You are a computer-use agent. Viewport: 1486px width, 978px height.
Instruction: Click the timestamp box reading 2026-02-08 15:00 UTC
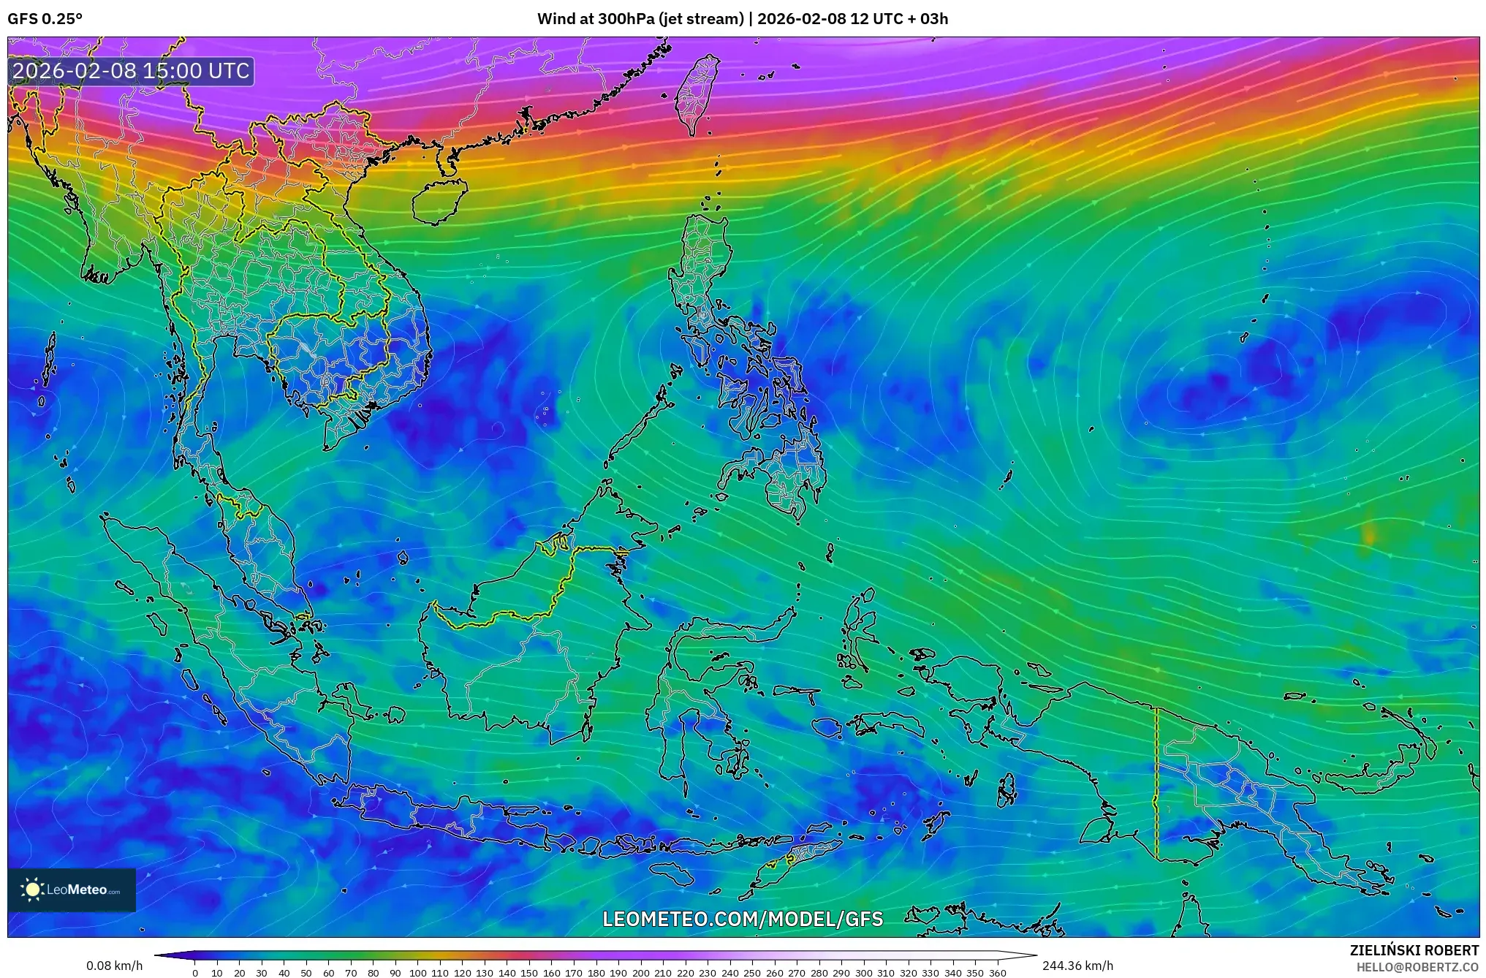[132, 71]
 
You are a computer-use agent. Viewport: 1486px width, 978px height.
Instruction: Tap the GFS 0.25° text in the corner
[45, 19]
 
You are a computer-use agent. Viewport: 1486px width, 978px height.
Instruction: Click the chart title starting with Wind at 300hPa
[743, 19]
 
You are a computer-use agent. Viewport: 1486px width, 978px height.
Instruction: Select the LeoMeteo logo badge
[72, 890]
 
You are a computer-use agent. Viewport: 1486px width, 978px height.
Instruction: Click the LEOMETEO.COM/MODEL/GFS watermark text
[743, 919]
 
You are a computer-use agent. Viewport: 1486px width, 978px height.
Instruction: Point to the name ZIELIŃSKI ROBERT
[1414, 950]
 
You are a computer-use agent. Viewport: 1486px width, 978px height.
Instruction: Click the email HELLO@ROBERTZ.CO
[1417, 967]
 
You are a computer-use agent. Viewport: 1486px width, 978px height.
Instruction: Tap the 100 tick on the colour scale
[417, 973]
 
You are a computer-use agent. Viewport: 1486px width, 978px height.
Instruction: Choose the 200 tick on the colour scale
[640, 973]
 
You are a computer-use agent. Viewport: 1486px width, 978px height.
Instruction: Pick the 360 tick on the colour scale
[998, 973]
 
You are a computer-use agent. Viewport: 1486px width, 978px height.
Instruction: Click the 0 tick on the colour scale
[194, 973]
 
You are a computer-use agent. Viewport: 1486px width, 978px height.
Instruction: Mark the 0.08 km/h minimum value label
[114, 966]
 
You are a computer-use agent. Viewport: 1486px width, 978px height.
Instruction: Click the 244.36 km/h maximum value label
[1077, 966]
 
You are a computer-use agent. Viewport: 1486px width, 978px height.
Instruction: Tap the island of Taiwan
[696, 94]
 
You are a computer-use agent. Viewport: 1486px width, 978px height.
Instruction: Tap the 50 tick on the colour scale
[306, 973]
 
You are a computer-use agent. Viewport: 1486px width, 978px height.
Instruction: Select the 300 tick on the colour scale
[864, 973]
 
